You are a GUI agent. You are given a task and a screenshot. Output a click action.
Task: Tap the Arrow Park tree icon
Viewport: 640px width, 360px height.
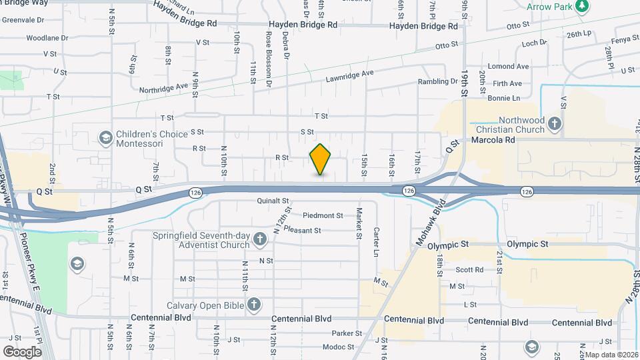point(583,6)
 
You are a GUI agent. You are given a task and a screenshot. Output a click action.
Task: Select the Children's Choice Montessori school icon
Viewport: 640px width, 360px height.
point(105,138)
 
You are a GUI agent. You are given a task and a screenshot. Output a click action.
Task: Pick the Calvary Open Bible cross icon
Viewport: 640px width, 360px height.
point(253,305)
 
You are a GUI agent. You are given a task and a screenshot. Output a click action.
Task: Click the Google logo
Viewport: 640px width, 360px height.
point(22,351)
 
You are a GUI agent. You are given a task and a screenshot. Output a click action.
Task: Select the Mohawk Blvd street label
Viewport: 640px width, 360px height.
point(431,227)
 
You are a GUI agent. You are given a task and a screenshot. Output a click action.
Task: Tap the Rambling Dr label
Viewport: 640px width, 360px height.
point(436,81)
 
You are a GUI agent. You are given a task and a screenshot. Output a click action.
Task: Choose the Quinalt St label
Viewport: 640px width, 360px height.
point(272,200)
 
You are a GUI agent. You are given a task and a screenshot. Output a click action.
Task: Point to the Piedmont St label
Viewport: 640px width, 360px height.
point(323,215)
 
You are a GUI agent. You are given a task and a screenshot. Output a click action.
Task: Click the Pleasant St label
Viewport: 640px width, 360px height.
point(302,231)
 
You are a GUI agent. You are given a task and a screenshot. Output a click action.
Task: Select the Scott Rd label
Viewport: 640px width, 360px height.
point(469,270)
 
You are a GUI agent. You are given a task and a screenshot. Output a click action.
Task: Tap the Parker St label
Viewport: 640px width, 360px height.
point(347,333)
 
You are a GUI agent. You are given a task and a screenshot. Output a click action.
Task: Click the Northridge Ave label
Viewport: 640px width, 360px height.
point(164,88)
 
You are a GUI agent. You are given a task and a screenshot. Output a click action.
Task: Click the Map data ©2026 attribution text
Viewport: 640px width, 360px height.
point(609,355)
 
